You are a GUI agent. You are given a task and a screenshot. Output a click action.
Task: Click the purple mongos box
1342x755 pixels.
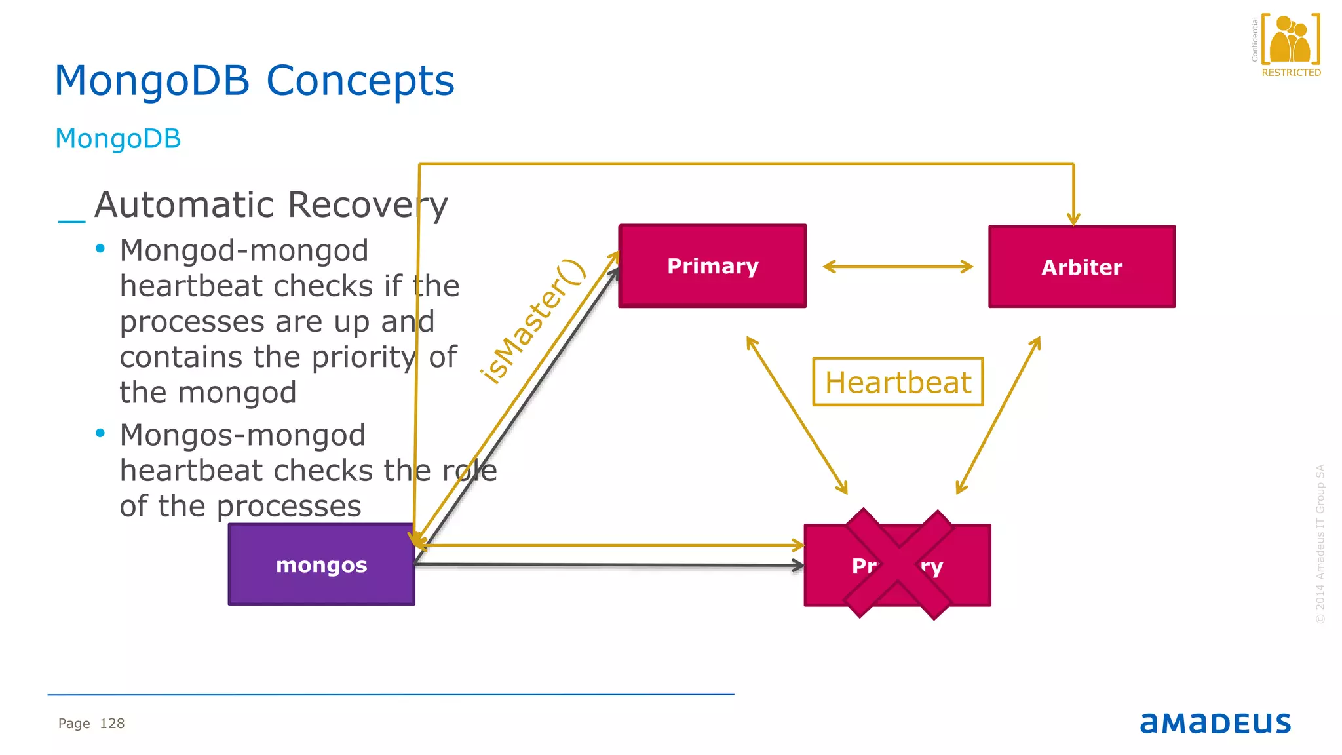click(x=321, y=564)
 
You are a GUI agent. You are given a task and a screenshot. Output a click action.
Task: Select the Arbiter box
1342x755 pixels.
click(x=1081, y=267)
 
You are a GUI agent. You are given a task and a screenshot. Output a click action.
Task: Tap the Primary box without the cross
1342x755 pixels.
click(x=712, y=266)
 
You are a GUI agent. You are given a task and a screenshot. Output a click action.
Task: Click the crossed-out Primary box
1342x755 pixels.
click(x=897, y=565)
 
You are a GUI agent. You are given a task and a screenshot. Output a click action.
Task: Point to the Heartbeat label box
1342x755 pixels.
click(x=898, y=381)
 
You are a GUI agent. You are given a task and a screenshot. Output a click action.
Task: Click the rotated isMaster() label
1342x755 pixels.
click(x=532, y=321)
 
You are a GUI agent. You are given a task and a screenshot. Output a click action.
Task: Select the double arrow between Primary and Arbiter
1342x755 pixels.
click(x=897, y=267)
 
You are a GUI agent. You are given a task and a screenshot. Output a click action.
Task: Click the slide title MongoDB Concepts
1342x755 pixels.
click(x=254, y=81)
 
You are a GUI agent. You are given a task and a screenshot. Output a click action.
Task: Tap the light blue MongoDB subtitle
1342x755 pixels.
click(x=118, y=139)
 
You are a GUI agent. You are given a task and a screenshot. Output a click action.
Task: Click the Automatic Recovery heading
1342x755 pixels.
click(x=271, y=205)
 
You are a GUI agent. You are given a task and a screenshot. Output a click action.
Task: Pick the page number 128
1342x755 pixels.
click(x=112, y=724)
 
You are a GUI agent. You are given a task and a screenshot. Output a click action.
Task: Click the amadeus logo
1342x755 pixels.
click(x=1215, y=723)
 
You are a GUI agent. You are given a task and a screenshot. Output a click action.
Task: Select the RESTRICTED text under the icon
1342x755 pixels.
click(x=1291, y=73)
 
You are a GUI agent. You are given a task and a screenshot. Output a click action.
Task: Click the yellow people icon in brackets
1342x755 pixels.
click(x=1290, y=39)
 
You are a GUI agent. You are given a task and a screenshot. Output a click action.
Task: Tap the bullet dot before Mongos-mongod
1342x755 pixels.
click(x=100, y=433)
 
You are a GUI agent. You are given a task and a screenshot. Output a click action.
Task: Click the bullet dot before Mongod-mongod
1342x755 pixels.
click(x=100, y=248)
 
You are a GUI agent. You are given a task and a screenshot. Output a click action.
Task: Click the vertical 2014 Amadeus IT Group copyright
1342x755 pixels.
click(x=1320, y=544)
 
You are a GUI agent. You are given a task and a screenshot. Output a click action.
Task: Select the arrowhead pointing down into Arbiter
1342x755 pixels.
click(x=1073, y=219)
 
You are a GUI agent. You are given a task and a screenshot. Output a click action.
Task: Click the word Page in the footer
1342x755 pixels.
click(x=74, y=724)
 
